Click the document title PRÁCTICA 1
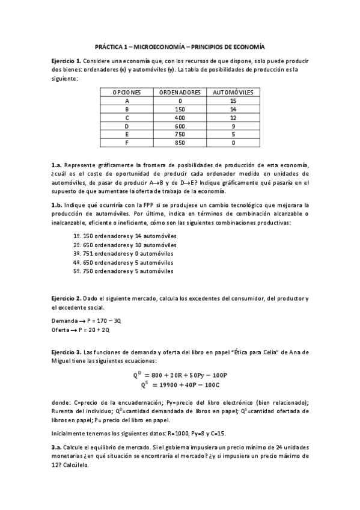tap(180, 46)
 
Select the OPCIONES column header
tap(127, 93)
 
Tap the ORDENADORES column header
tap(180, 93)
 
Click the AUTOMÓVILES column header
tap(233, 93)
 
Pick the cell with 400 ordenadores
tap(180, 118)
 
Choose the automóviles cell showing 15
tap(233, 101)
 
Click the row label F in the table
tap(127, 143)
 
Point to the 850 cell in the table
tap(180, 143)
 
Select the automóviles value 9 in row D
tap(233, 126)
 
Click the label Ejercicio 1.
tap(66, 61)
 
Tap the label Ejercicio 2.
tap(66, 299)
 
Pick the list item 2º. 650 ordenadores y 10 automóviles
tap(124, 245)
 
